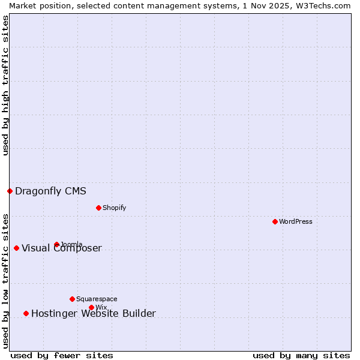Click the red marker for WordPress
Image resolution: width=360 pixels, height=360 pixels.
275,221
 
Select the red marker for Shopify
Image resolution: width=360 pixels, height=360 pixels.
98,208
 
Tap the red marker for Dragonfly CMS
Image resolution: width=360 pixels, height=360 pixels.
10,191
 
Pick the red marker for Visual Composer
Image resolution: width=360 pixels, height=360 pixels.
16,248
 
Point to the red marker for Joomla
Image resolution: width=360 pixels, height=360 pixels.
56,244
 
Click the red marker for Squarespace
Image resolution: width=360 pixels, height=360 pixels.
72,299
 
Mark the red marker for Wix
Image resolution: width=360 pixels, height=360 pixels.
91,307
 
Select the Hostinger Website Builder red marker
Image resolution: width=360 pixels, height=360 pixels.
26,313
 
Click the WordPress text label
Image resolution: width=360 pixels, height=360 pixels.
296,221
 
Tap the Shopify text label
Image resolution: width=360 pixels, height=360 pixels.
114,208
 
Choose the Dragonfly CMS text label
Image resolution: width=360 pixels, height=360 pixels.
50,191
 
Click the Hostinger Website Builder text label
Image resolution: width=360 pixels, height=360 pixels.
93,313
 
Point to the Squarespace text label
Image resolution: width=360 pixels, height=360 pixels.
97,299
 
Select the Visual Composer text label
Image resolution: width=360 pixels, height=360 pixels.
62,248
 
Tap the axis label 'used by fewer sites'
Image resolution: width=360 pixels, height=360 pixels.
62,355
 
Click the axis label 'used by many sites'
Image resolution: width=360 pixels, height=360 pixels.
301,355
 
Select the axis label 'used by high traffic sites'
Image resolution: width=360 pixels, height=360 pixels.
5,86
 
